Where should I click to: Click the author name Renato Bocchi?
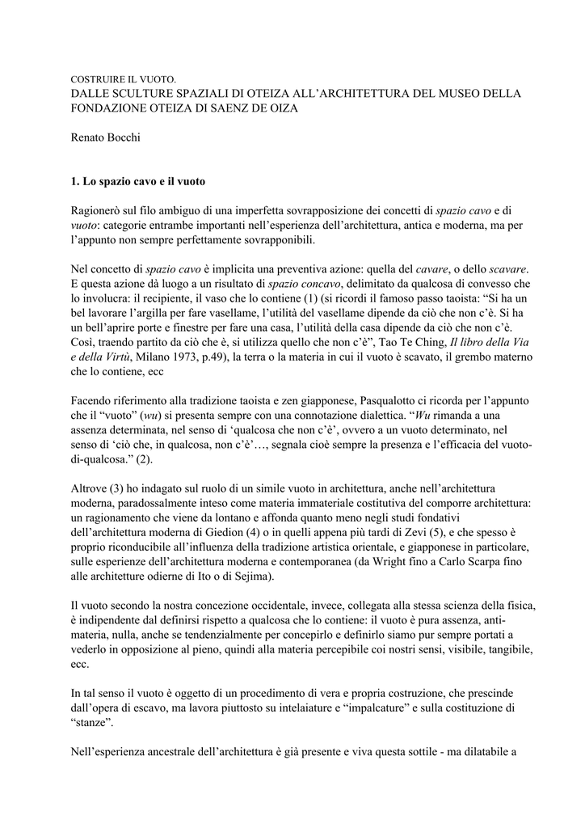(106, 138)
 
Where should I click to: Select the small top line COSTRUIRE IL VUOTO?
(124, 80)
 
